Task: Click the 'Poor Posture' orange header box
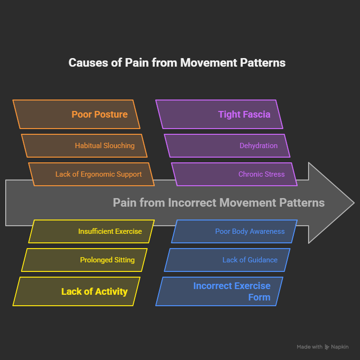[x=76, y=114]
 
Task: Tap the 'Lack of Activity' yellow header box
[x=76, y=291]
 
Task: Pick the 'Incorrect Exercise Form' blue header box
[x=219, y=291]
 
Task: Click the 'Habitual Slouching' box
[x=84, y=146]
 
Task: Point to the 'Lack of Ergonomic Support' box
[x=91, y=174]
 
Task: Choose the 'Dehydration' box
[x=227, y=146]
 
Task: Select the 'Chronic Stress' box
[x=234, y=174]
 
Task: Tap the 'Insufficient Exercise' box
[x=91, y=231]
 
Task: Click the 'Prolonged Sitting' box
[x=84, y=260]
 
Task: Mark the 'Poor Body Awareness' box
[x=234, y=231]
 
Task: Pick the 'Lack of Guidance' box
[x=227, y=260]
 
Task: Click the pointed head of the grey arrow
[x=333, y=203]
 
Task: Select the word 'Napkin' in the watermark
[x=340, y=347]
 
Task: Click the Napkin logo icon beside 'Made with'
[x=327, y=347]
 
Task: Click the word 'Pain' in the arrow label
[x=124, y=203]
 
